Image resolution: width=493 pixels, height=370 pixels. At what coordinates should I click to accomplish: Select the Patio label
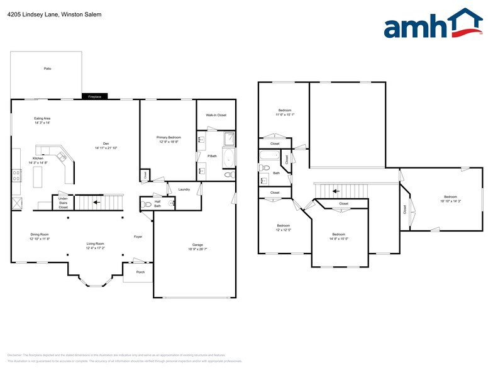[47, 68]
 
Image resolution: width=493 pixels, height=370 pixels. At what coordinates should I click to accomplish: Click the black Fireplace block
[95, 96]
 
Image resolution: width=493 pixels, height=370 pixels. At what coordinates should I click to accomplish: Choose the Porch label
[140, 272]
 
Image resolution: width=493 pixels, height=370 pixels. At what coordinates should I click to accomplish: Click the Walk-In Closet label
[216, 115]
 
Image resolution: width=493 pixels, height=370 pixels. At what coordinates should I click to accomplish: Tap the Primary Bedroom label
[169, 137]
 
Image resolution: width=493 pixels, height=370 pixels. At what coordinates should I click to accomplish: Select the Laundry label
[184, 189]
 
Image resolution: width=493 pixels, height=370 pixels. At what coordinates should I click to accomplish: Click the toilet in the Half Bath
[147, 204]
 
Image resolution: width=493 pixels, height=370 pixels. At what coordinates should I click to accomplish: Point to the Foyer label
[138, 237]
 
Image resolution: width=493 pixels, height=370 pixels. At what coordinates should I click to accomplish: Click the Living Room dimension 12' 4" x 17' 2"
[96, 248]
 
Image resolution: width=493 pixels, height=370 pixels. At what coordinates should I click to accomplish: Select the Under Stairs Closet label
[63, 203]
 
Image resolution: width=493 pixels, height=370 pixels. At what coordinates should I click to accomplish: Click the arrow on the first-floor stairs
[94, 203]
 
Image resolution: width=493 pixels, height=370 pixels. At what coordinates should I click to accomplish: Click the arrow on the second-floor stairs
[335, 191]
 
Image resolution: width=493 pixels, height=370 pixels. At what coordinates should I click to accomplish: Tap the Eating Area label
[42, 118]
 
